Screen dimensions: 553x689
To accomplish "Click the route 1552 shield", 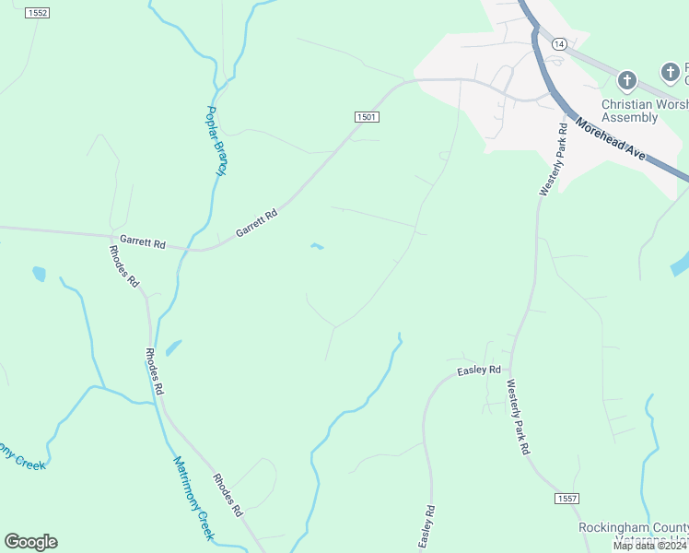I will coord(37,13).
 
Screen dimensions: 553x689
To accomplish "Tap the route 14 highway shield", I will coord(559,44).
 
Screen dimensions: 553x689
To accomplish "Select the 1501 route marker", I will coord(367,116).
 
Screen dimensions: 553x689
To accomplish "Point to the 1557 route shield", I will coord(567,498).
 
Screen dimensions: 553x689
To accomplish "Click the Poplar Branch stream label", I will coord(216,141).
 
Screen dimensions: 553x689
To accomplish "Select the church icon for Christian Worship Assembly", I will coord(627,80).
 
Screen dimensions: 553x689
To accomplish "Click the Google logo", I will coord(30,542).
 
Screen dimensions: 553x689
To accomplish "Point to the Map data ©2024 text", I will coord(649,546).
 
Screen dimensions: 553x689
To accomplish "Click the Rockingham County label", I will coord(632,528).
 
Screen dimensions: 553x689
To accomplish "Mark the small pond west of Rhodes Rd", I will coord(39,274).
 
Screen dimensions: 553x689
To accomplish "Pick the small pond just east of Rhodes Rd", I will coord(173,347).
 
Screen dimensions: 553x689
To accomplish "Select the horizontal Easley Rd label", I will coord(479,371).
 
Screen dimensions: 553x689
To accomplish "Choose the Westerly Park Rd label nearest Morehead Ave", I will coord(553,160).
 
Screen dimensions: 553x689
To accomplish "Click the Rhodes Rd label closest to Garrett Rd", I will coord(123,266).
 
